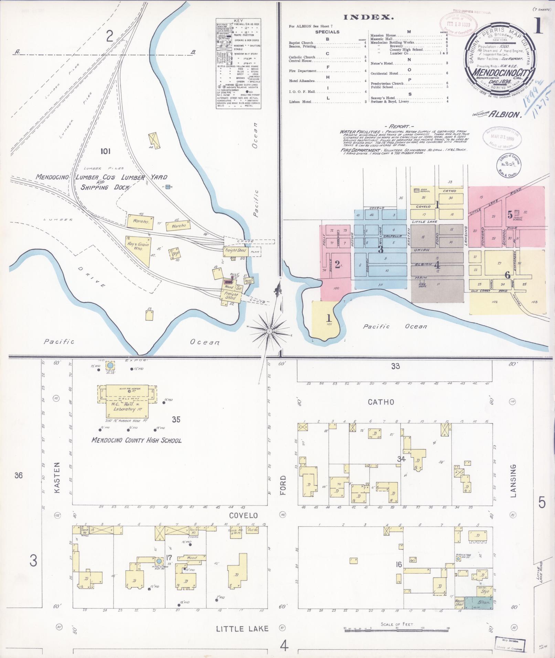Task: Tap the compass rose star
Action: pos(269,331)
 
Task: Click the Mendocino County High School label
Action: pos(137,440)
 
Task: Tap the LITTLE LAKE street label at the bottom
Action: pos(242,629)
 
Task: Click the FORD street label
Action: pos(283,485)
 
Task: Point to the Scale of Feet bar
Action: pos(397,628)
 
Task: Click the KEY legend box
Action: pos(238,64)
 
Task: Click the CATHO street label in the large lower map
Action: pos(381,401)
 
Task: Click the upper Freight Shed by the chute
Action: pos(235,250)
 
